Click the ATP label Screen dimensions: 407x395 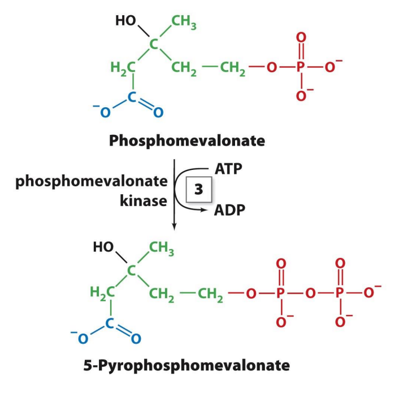coord(229,168)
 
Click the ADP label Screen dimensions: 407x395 coord(229,211)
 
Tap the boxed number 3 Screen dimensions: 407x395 coord(198,190)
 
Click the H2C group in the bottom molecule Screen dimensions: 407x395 coord(102,292)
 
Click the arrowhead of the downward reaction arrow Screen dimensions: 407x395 coord(174,227)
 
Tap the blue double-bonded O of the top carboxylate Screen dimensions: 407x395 coord(158,113)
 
